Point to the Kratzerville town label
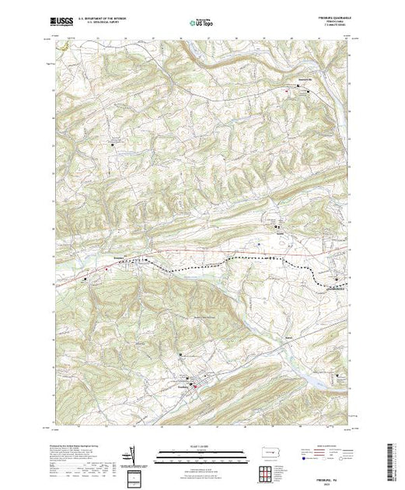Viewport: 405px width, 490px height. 308,88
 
